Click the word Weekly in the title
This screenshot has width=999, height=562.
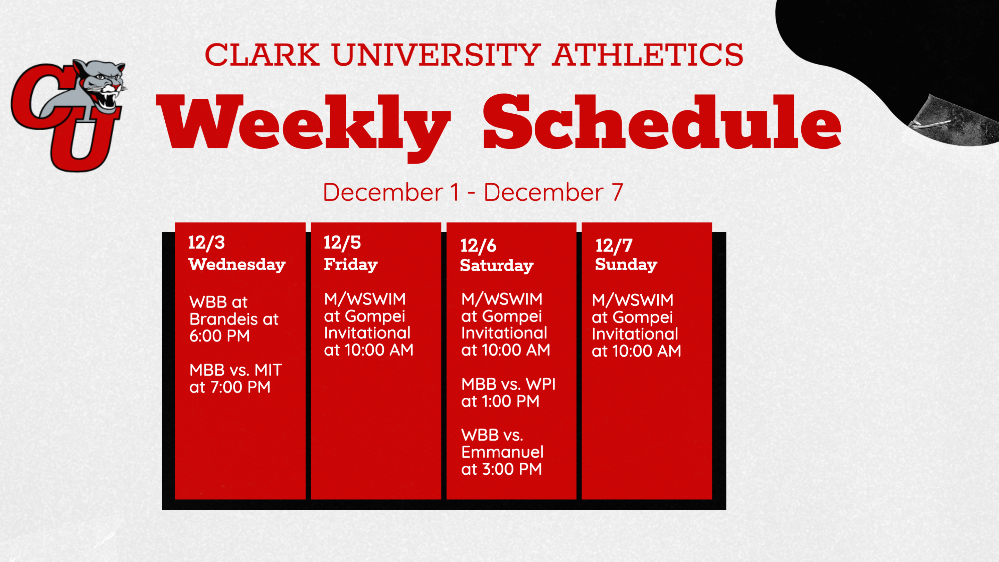303,127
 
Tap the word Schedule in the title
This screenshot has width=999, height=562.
662,122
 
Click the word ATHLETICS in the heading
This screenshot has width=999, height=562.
648,55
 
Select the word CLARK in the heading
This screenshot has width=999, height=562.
262,55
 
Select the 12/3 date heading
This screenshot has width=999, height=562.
206,243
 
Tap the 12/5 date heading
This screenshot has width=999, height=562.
342,243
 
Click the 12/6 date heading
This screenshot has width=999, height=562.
478,246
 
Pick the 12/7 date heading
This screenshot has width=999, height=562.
614,246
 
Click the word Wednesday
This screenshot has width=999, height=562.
237,265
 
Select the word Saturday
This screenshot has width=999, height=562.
497,266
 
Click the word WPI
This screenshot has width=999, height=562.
541,384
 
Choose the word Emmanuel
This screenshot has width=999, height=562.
502,452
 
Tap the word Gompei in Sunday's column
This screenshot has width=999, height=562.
643,318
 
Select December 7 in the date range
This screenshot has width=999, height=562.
553,192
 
